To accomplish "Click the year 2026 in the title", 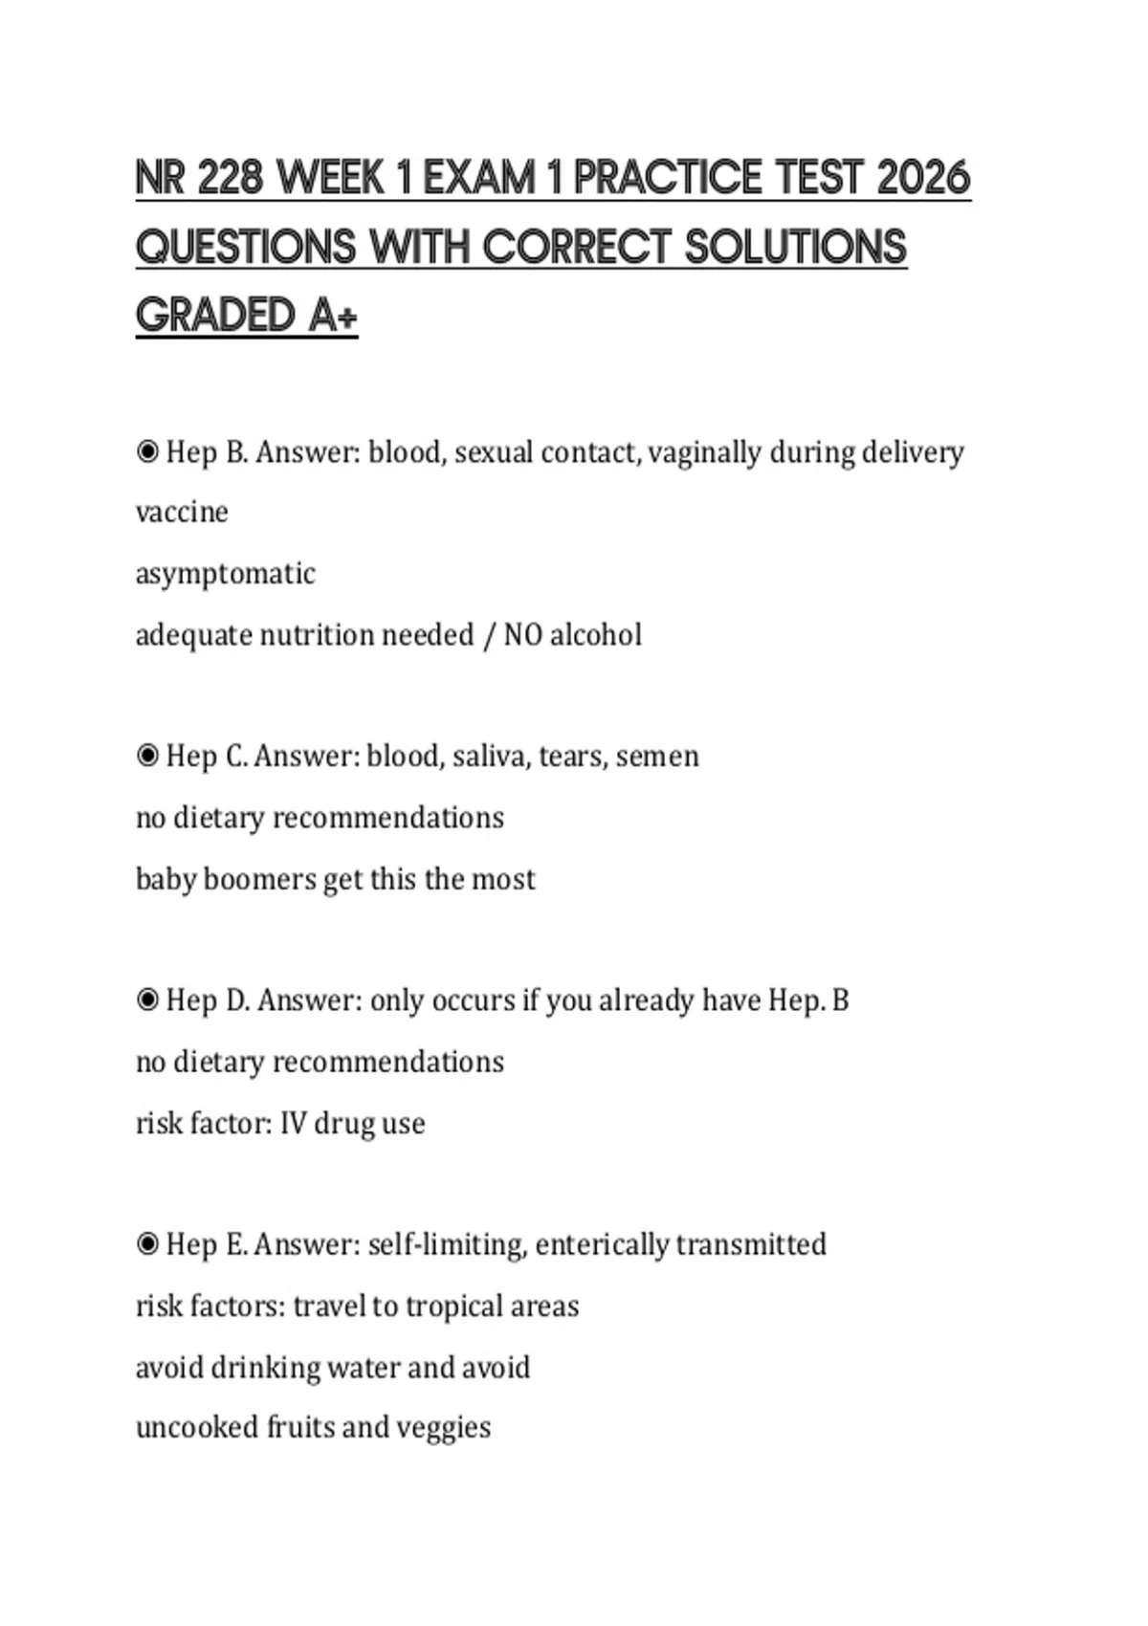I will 923,179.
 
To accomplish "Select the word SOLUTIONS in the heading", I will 796,248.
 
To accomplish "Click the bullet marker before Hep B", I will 147,451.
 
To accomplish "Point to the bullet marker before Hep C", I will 147,756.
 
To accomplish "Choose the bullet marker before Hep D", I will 147,1000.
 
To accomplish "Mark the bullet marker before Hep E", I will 147,1243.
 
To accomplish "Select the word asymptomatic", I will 225,574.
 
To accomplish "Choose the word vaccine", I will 182,512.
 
